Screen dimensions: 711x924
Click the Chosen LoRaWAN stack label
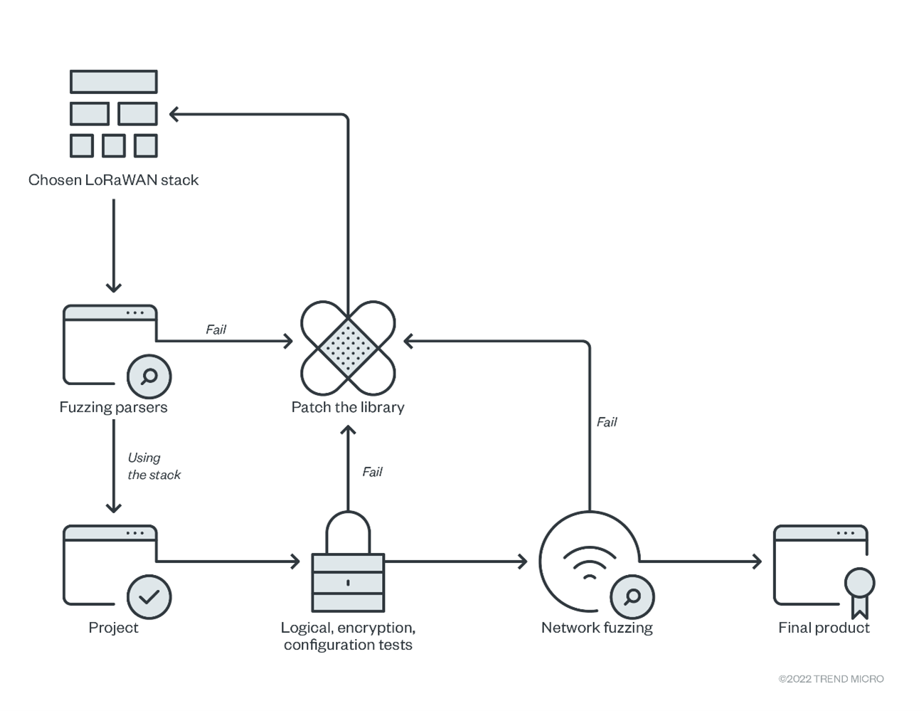point(113,180)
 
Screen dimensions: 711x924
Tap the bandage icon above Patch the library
point(348,347)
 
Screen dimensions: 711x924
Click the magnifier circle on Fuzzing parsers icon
point(149,376)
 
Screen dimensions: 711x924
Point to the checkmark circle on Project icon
point(149,596)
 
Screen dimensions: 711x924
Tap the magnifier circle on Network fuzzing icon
point(632,596)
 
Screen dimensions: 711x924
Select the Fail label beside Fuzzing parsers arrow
point(216,330)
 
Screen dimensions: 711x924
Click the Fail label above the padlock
point(372,472)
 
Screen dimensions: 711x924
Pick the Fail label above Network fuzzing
point(607,422)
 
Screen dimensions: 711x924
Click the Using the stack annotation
point(154,466)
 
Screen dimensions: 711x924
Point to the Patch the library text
point(348,407)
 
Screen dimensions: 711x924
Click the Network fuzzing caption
point(597,628)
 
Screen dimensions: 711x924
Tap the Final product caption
point(824,628)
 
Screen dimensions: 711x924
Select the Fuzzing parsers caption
point(113,407)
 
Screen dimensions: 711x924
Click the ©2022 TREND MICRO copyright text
point(831,679)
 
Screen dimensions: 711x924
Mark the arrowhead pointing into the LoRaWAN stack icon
point(174,114)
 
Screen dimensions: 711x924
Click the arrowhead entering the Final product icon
point(757,562)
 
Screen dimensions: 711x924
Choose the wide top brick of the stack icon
point(114,82)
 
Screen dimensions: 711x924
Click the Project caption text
point(113,628)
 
